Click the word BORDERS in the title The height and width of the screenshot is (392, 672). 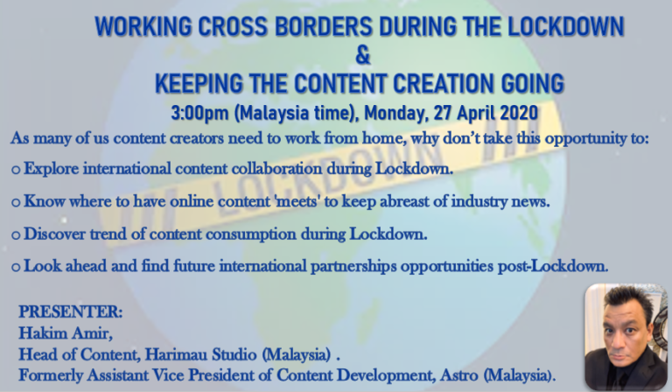[x=323, y=26]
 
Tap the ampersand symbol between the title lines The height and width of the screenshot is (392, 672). [x=362, y=56]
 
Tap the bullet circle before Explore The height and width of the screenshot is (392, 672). [x=16, y=170]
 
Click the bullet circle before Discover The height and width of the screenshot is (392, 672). [x=16, y=235]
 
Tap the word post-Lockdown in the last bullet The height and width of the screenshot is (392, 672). [x=553, y=266]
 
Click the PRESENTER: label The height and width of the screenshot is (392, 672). [x=70, y=311]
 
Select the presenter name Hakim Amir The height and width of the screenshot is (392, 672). [x=66, y=332]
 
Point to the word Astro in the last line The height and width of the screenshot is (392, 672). [x=459, y=375]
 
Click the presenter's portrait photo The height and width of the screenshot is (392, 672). [x=626, y=336]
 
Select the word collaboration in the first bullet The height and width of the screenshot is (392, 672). [x=276, y=168]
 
